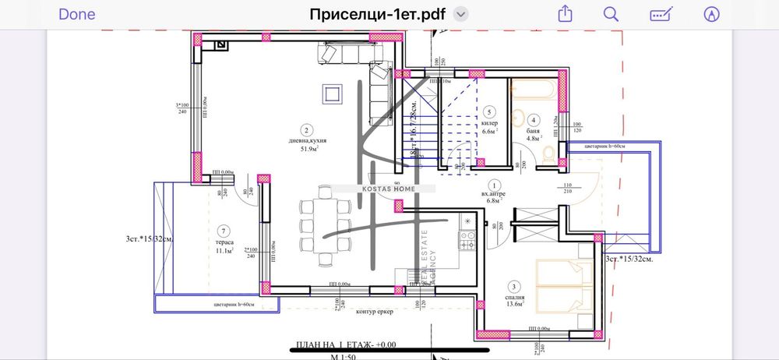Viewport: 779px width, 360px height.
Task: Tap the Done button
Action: tap(76, 14)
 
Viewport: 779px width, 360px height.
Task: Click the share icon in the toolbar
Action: tap(565, 14)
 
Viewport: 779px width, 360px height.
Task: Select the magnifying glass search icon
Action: tap(612, 14)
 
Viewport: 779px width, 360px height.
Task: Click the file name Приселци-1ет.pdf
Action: tap(377, 14)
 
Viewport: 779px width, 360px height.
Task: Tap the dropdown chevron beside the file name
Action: tap(461, 14)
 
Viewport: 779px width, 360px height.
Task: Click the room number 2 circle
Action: tap(308, 130)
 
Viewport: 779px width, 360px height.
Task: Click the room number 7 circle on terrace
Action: tap(224, 231)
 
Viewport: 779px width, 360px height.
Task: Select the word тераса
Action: tap(224, 242)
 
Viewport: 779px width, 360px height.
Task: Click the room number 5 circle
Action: tap(490, 111)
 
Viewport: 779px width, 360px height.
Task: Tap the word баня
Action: tap(534, 132)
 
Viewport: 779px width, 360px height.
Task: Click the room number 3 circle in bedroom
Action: tap(514, 286)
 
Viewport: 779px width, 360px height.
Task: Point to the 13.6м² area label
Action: tap(514, 304)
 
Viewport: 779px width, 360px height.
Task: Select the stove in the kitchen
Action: tap(467, 240)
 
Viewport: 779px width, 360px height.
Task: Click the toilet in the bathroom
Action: tap(549, 154)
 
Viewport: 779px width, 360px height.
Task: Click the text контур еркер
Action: tap(375, 312)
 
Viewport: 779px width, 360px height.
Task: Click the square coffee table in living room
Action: tap(332, 94)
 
